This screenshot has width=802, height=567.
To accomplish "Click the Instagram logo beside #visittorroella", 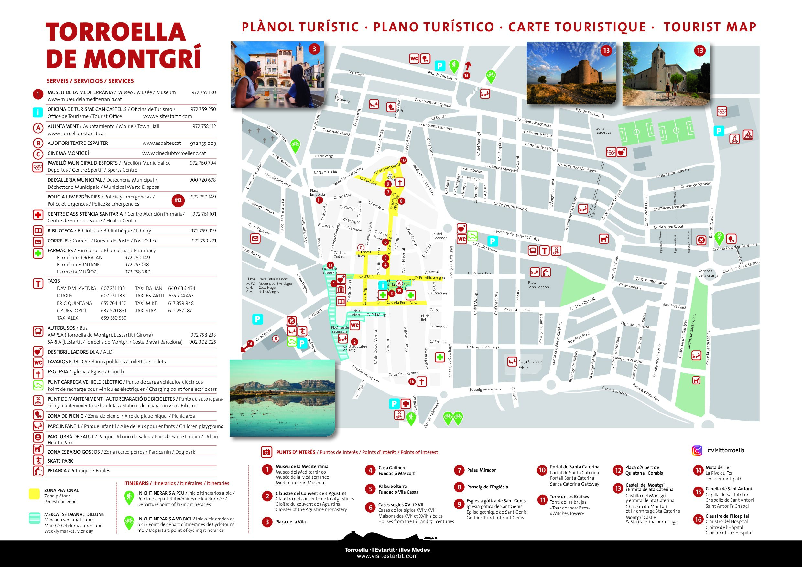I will click(x=697, y=451).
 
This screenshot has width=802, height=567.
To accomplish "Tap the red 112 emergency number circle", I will click(x=178, y=200).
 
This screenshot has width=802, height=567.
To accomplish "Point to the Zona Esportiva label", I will click(x=603, y=130).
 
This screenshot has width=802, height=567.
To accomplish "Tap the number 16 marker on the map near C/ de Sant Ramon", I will click(x=411, y=381).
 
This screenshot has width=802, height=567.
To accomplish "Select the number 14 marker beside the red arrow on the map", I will click(x=249, y=344).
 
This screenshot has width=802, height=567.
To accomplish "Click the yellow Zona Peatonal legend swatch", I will click(x=34, y=494).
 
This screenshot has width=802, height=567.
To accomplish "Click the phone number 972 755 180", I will click(x=204, y=92).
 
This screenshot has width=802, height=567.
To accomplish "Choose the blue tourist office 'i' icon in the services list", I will click(x=38, y=112).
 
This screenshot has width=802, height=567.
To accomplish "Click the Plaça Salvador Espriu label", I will click(x=530, y=364).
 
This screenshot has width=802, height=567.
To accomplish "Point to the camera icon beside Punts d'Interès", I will click(x=266, y=452).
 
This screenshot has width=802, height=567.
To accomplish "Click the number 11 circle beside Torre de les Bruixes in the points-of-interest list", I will click(x=542, y=500).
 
